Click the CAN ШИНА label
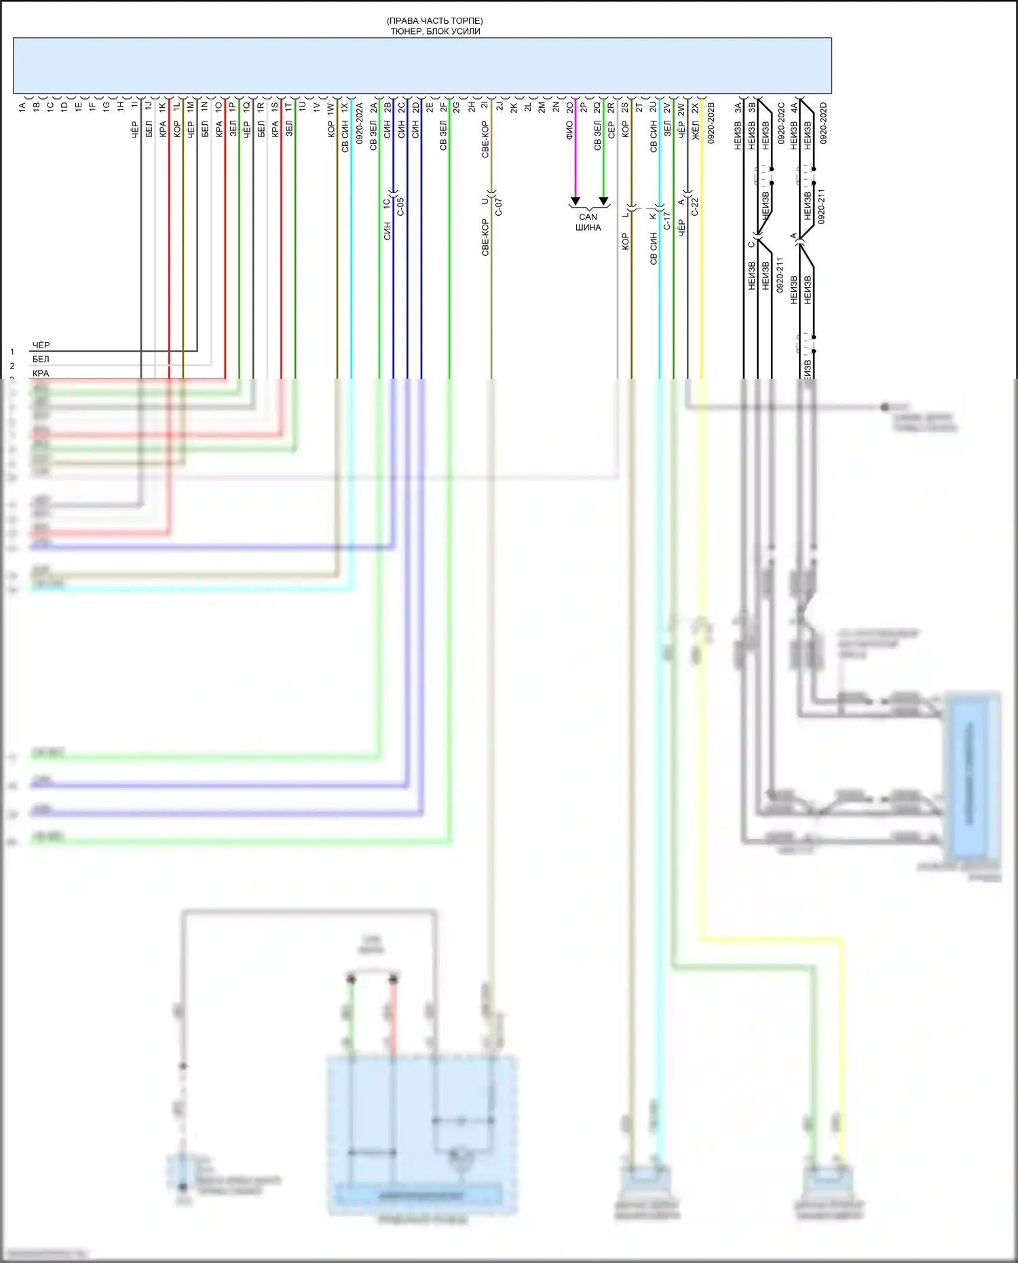point(588,222)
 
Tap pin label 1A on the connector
point(22,107)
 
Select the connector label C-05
point(400,206)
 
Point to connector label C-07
point(499,206)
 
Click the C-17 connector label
point(667,221)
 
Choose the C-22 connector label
point(695,206)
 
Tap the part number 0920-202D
point(823,123)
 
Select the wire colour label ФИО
point(569,130)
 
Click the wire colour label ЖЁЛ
point(695,130)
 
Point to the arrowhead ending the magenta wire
point(576,201)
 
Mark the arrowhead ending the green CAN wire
point(603,201)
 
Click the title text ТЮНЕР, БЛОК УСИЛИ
point(435,31)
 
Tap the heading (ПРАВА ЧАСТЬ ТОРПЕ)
point(435,21)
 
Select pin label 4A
point(793,107)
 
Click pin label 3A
point(738,107)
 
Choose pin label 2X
point(695,107)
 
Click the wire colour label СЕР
point(611,130)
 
